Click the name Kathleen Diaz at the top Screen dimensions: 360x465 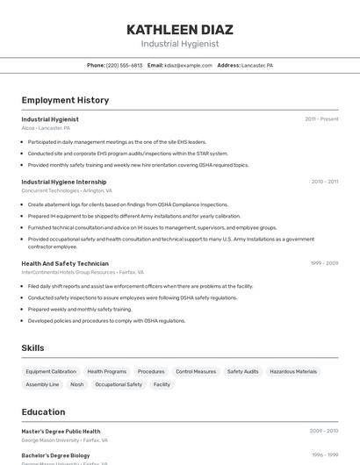tap(179, 29)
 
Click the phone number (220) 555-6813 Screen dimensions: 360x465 tap(124, 65)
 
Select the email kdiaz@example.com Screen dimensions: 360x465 tap(189, 65)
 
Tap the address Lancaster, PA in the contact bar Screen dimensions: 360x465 tap(256, 65)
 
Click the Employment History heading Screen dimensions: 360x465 tap(65, 100)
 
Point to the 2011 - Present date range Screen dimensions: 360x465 tap(321, 118)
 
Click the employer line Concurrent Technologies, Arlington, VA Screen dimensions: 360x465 tap(67, 190)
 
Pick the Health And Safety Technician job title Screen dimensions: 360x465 tap(65, 263)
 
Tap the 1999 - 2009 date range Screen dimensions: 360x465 tap(324, 263)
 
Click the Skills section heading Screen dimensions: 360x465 tap(32, 348)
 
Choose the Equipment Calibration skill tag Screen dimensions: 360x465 tap(51, 372)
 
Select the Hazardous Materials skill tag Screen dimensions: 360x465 tap(293, 372)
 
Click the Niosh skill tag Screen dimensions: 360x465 tap(77, 384)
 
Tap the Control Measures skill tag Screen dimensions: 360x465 tap(196, 372)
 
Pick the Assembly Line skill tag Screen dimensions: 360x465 tap(42, 384)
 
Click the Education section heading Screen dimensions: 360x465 tap(43, 412)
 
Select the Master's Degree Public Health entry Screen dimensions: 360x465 tap(61, 432)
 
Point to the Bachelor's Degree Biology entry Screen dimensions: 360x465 tap(55, 455)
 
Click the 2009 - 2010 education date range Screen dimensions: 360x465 tap(324, 432)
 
